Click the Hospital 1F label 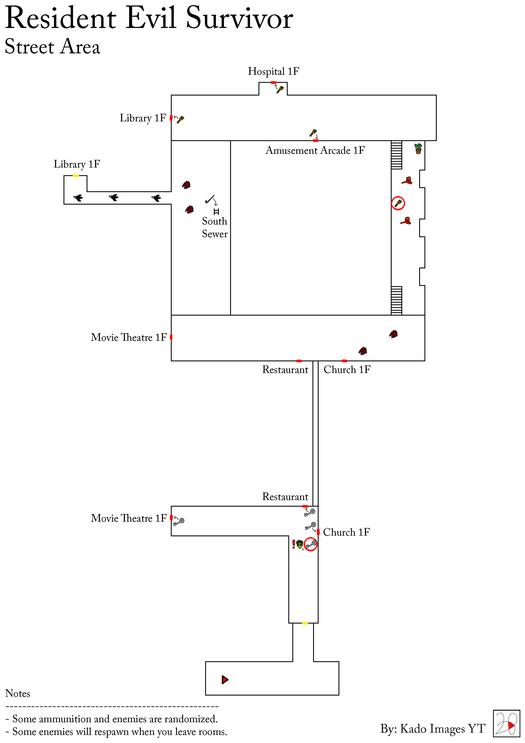[273, 71]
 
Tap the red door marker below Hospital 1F [273, 83]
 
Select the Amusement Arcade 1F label [315, 150]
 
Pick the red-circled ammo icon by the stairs [398, 203]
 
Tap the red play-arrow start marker [225, 680]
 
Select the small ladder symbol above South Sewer [216, 212]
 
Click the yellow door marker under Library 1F [76, 176]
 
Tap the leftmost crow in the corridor [78, 198]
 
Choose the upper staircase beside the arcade [396, 155]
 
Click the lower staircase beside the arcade [396, 301]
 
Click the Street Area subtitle [52, 46]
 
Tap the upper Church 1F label [347, 370]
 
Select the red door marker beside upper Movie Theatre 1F [171, 337]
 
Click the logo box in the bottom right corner [507, 724]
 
